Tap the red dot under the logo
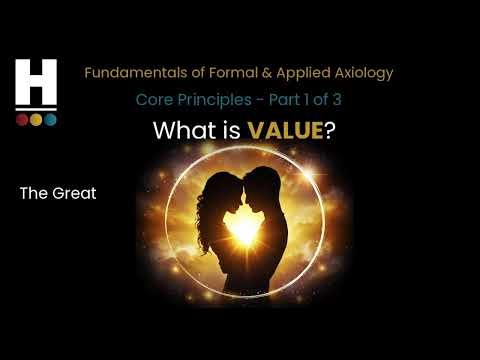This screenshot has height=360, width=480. (22, 120)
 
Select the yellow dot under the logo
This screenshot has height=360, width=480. (36, 120)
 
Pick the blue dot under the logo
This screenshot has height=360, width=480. (50, 120)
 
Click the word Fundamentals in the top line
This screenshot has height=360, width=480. (133, 73)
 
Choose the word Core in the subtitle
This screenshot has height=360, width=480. (154, 101)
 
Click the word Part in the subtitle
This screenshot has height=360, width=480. (278, 101)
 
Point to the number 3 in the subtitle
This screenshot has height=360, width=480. (335, 101)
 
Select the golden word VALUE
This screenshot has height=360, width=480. (268, 131)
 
